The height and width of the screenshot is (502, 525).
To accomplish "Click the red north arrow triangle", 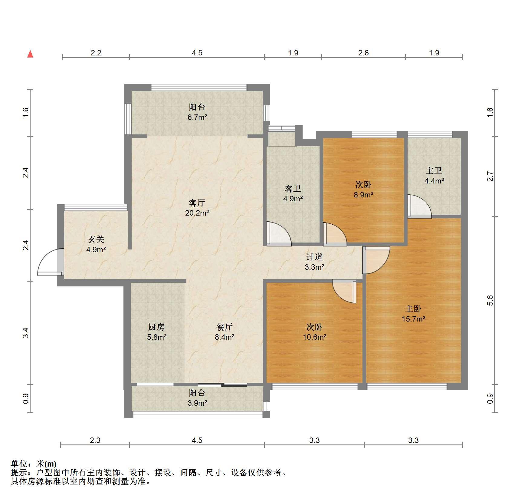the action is (30, 54).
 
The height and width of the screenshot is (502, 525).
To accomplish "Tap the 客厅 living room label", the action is (197, 203).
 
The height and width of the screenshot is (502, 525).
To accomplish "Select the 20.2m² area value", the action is (197, 213).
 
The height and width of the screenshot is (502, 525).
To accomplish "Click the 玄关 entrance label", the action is (96, 239).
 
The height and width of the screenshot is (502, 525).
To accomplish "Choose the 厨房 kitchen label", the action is (156, 327).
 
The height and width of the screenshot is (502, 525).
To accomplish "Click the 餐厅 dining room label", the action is (225, 327).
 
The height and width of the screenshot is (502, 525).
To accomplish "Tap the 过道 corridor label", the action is (314, 257).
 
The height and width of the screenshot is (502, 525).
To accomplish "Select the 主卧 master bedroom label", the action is (413, 309).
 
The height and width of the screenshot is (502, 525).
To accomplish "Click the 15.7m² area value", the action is (414, 319).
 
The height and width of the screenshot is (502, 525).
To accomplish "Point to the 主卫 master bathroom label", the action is (434, 171).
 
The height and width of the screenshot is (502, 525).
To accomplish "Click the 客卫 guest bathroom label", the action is (293, 189).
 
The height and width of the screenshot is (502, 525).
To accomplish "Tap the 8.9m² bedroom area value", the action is (363, 195).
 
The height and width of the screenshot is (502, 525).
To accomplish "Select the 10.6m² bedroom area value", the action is (315, 337).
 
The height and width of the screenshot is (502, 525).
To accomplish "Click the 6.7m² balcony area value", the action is (197, 117).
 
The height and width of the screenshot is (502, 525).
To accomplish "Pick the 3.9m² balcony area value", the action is (197, 403).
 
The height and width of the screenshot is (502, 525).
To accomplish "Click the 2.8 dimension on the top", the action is (363, 53).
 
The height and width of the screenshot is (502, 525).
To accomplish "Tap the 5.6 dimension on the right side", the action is (490, 300).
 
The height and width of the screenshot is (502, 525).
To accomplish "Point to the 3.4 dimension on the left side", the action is (26, 333).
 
